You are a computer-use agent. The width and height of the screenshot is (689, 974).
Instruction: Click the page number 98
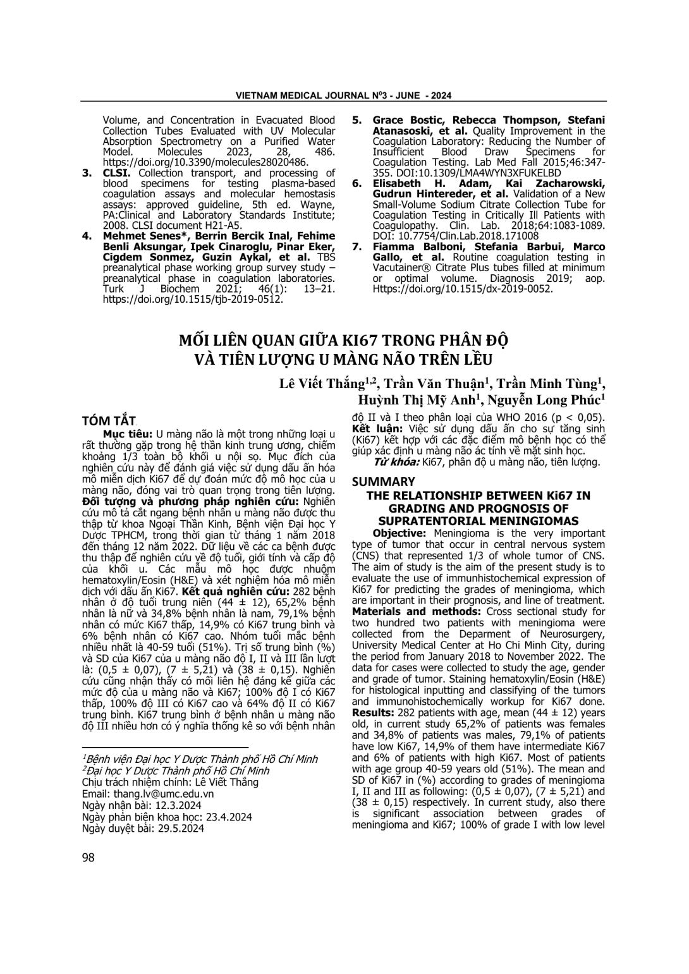[x=88, y=857]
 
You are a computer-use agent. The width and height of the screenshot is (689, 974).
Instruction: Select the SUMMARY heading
[x=383, y=482]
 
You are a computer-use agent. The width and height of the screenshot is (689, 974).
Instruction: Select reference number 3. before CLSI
[x=87, y=173]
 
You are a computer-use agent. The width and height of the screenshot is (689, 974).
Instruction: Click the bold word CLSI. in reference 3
[x=117, y=173]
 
